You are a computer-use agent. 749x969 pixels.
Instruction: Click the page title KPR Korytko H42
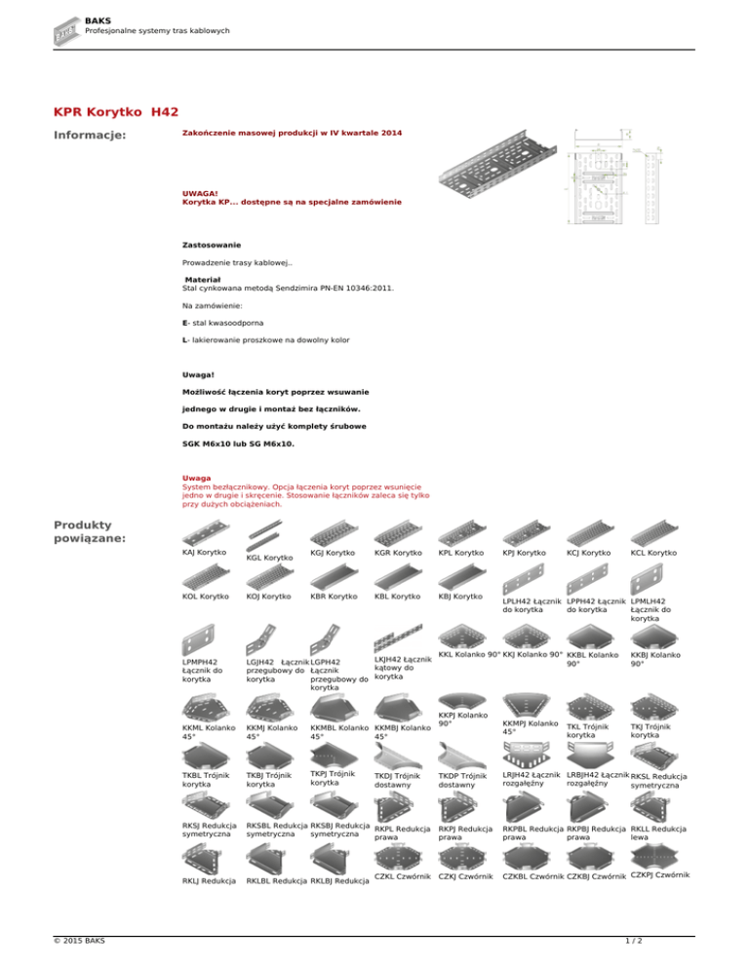117,113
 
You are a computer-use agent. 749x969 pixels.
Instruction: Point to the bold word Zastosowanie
212,244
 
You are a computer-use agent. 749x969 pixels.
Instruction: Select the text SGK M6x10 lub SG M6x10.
238,444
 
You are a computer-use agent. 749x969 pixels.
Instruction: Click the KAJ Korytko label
205,554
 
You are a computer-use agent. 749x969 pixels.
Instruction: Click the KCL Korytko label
654,554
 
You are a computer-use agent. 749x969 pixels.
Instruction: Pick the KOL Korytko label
205,595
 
